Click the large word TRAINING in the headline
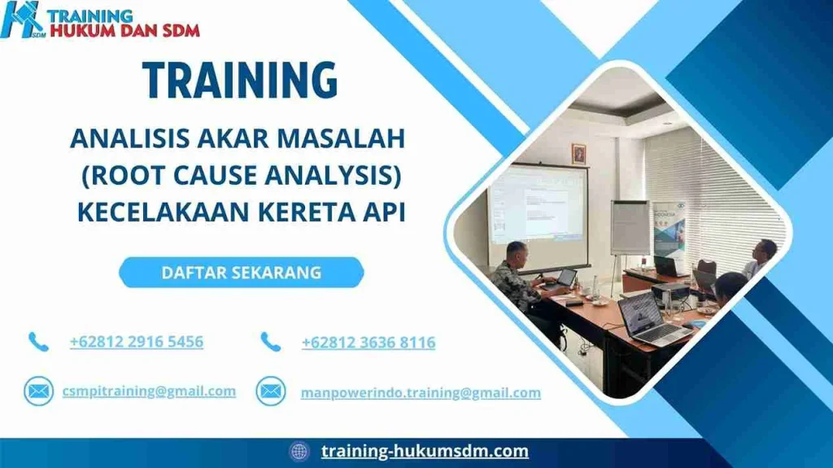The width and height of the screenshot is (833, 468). point(240,80)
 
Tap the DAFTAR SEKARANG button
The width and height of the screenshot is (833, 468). point(241,273)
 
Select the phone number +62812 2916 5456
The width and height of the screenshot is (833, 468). point(137,342)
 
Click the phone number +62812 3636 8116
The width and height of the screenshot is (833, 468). point(368,343)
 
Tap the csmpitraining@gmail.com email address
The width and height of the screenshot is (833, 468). point(149,391)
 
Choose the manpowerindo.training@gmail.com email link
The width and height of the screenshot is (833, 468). point(421,392)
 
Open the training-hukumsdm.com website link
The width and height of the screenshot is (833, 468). point(425,451)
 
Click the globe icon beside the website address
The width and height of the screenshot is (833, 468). point(299,451)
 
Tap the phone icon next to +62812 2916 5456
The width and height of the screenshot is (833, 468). point(38,342)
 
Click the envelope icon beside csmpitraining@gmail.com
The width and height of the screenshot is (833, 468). point(37,391)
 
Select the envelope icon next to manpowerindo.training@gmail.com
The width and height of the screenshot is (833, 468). point(271,391)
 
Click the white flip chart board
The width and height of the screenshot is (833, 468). point(630,227)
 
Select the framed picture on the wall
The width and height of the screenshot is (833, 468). point(578,153)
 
